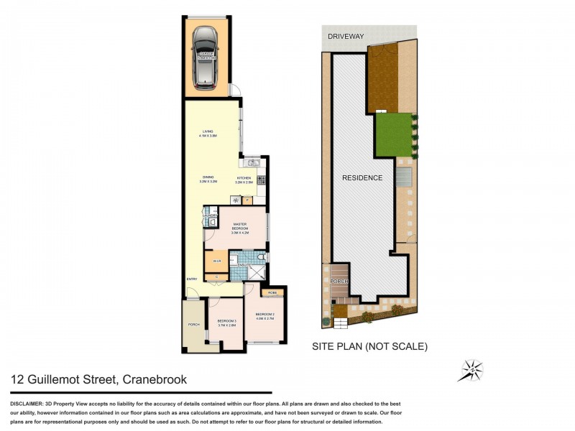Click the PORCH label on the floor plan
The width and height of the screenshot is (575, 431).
tap(193, 325)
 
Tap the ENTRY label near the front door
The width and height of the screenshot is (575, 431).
tap(192, 279)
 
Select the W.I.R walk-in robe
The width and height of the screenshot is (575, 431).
tap(216, 260)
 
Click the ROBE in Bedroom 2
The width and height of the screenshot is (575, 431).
tap(272, 293)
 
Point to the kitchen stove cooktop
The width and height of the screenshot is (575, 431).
tap(262, 180)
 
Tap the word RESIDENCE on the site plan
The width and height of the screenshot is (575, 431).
tap(362, 178)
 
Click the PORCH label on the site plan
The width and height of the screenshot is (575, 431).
tap(339, 281)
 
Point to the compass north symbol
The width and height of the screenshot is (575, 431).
tap(471, 370)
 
